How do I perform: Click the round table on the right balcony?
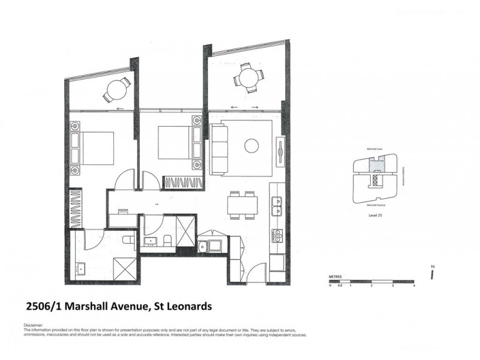click(x=247, y=77)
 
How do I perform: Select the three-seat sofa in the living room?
click(x=218, y=146)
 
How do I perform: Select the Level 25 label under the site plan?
click(x=376, y=214)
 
